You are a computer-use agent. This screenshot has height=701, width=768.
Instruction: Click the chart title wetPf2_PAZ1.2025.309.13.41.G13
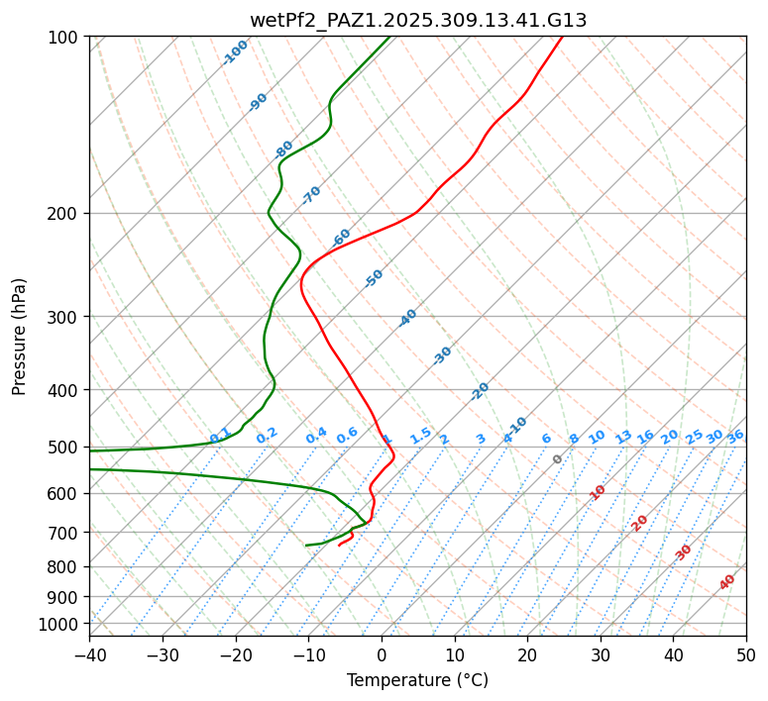417,20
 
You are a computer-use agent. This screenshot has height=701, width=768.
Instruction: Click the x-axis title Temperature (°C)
417,681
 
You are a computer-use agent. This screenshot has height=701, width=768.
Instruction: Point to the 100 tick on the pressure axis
65,38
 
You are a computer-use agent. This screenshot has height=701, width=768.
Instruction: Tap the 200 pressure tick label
65,214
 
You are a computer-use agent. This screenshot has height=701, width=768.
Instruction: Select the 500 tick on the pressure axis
65,448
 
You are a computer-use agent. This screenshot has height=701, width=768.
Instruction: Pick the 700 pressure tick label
65,533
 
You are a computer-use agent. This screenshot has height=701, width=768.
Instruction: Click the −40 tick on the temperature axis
89,655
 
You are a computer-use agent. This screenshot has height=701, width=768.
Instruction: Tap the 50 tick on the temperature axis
746,655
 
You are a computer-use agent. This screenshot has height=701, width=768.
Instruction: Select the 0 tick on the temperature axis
382,655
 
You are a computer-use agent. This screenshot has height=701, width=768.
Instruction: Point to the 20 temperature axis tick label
527,655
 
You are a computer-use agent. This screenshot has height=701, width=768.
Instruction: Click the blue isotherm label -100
236,52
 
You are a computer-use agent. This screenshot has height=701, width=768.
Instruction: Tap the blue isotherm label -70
311,195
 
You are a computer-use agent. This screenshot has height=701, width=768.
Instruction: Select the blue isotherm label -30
442,355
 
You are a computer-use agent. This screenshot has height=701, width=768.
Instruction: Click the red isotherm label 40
727,582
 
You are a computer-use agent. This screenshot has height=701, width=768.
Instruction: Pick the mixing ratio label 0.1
220,436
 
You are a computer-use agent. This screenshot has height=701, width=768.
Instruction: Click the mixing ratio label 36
735,437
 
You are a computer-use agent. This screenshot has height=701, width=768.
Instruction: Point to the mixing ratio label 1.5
420,436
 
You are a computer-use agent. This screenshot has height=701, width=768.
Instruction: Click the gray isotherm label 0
558,459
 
